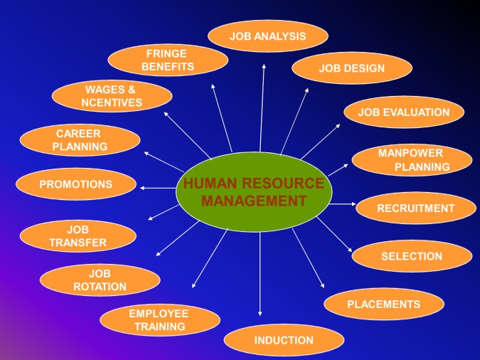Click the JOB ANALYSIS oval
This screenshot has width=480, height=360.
click(268, 36)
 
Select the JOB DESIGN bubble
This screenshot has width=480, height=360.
click(352, 68)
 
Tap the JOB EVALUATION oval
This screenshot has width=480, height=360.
click(404, 112)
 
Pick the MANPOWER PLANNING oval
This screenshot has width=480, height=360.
click(412, 160)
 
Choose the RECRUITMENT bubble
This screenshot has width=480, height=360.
click(416, 208)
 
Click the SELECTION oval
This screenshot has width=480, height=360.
click(412, 256)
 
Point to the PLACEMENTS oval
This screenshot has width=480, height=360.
click(384, 304)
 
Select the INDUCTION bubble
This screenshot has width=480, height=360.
click(284, 340)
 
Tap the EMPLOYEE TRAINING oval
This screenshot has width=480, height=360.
click(160, 320)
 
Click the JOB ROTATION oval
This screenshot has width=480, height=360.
click(100, 280)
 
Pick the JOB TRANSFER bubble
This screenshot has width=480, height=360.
click(78, 236)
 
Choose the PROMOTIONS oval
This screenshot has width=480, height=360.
click(76, 184)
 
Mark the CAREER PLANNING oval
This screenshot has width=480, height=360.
click(80, 140)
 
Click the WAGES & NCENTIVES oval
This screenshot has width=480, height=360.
click(112, 96)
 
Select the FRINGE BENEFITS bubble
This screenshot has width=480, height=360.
click(168, 60)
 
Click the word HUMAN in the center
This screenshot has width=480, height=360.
click(210, 184)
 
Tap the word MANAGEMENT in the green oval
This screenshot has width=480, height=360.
click(254, 201)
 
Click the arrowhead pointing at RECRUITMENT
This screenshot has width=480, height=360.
click(353, 203)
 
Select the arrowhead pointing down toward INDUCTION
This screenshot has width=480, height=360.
click(260, 314)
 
